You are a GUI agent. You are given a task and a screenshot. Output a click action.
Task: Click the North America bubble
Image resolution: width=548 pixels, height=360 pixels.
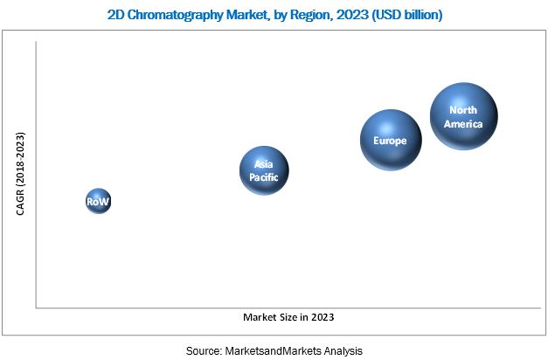pyautogui.click(x=464, y=116)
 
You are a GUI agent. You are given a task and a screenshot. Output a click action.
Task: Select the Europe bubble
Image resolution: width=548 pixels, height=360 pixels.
pyautogui.click(x=391, y=140)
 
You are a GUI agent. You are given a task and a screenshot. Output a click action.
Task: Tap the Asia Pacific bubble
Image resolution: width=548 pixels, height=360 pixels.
pyautogui.click(x=264, y=170)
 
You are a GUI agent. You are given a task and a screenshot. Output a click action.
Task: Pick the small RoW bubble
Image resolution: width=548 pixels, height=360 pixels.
pyautogui.click(x=99, y=202)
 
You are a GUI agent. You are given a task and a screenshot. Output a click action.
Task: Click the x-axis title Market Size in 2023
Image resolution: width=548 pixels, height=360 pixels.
pyautogui.click(x=288, y=316)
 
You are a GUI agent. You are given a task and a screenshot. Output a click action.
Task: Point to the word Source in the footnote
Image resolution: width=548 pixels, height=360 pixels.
pyautogui.click(x=204, y=350)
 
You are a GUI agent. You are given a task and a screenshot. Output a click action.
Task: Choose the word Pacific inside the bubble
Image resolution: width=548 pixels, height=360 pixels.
pyautogui.click(x=264, y=176)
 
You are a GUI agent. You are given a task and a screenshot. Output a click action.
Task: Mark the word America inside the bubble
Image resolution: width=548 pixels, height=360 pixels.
pyautogui.click(x=464, y=123)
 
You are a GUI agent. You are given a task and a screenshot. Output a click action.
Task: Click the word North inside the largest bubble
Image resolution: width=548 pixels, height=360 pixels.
pyautogui.click(x=464, y=110)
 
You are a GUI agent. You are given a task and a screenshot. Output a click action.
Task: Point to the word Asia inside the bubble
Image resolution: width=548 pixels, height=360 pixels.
pyautogui.click(x=264, y=163)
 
